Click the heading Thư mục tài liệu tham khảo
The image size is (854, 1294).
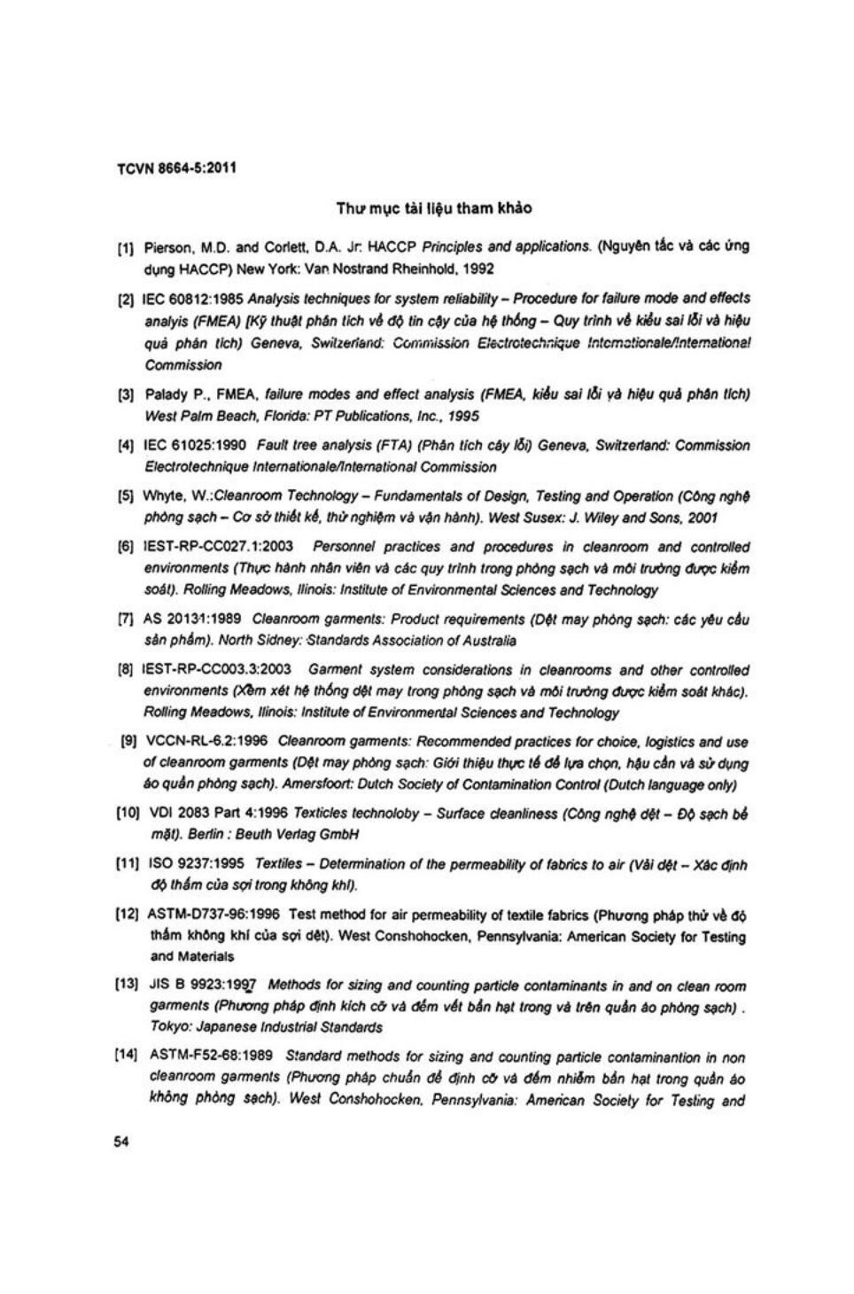434,209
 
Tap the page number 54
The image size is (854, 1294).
121,1142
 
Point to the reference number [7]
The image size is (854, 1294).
126,620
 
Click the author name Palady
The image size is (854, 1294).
164,395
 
